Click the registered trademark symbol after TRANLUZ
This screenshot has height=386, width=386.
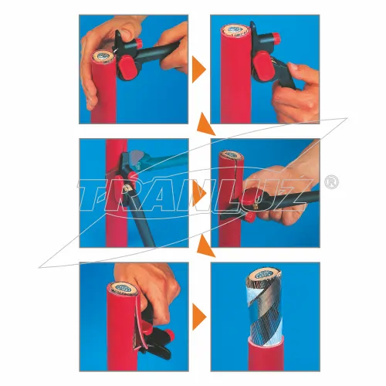tap(331, 182)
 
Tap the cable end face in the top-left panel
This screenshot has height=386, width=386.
tap(103, 57)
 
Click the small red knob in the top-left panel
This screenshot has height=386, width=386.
tap(139, 42)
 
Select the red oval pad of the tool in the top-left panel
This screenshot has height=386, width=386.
tap(129, 66)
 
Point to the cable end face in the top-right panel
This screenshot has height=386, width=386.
tap(235, 30)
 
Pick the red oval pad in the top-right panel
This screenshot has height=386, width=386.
tap(262, 64)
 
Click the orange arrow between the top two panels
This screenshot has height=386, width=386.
tap(199, 69)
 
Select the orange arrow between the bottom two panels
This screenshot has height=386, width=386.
tap(199, 317)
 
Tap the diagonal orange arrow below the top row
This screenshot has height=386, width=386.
tap(205, 125)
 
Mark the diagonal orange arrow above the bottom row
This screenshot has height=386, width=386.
tap(205, 246)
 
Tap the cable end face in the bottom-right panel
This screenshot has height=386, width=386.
tap(264, 273)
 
